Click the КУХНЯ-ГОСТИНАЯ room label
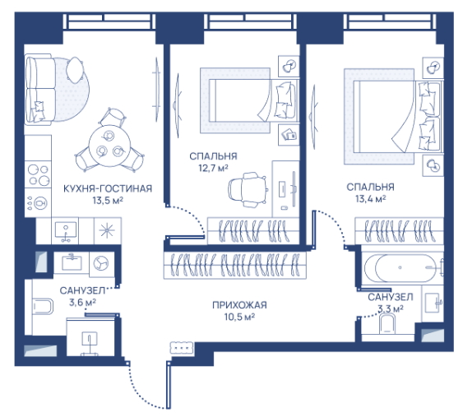[x=108, y=188]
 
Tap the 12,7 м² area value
[x=213, y=168]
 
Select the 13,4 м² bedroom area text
[x=371, y=199]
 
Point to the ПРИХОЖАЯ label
[x=239, y=305]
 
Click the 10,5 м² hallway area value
[x=239, y=317]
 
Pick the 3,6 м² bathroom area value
[x=82, y=303]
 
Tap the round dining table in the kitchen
[x=109, y=146]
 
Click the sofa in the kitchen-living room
[x=40, y=89]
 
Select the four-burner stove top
[x=38, y=174]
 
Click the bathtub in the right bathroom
[x=403, y=268]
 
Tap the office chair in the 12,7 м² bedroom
[x=248, y=189]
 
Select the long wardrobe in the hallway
[x=235, y=265]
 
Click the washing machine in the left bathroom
[x=101, y=264]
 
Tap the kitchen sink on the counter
[x=65, y=231]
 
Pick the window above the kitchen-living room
[x=109, y=21]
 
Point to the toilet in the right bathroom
[x=387, y=324]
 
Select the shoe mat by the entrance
[x=183, y=348]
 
